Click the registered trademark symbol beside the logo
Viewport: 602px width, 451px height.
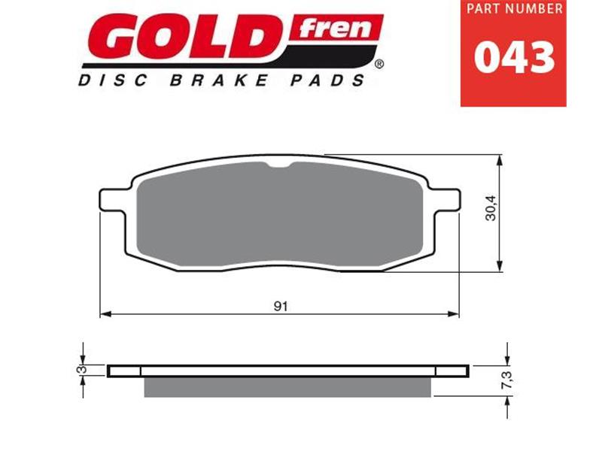click(x=379, y=65)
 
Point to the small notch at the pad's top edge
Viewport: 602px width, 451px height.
click(x=281, y=166)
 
